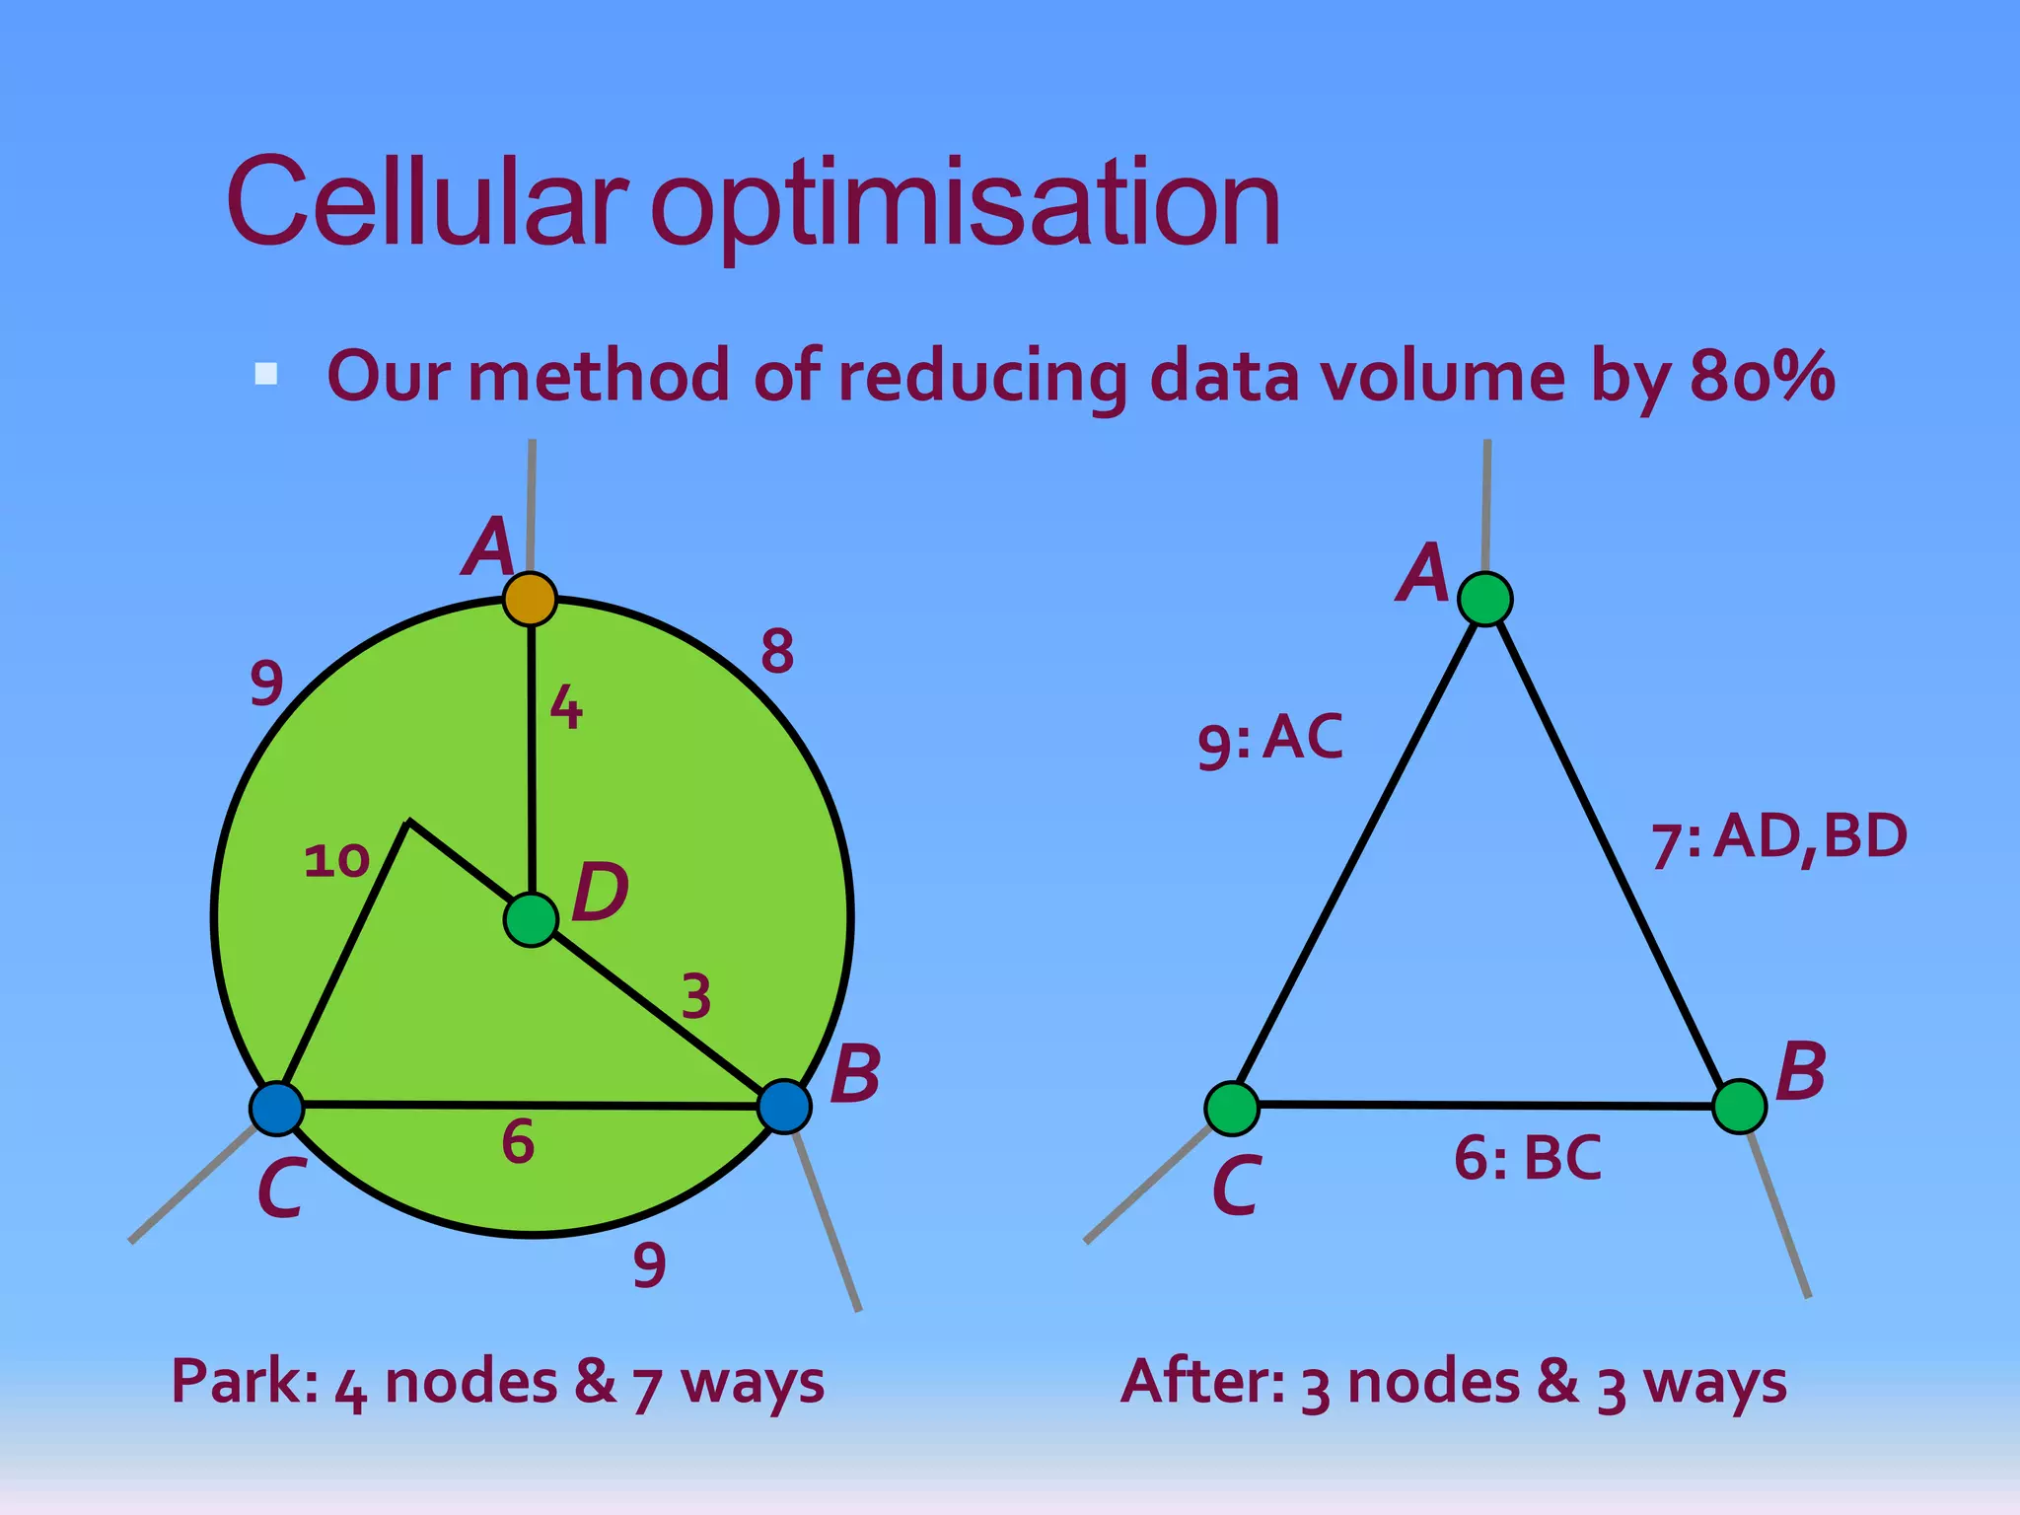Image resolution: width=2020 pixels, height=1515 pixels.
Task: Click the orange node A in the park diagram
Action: point(530,599)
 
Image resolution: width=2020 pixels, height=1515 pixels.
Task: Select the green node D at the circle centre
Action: point(531,920)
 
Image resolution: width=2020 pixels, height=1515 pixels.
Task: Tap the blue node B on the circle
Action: point(784,1107)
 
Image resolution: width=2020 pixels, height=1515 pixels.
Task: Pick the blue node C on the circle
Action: point(277,1108)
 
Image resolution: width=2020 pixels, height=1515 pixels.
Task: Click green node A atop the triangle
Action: point(1485,599)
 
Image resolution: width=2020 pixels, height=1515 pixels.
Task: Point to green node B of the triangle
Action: point(1739,1107)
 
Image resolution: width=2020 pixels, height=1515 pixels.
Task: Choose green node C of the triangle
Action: point(1232,1108)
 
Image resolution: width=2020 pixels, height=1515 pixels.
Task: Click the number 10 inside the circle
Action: point(336,860)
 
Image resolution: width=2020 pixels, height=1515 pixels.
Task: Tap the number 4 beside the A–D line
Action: point(566,707)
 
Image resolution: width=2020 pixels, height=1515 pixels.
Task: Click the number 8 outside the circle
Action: point(777,651)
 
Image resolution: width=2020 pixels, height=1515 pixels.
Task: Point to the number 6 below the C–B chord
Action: point(518,1142)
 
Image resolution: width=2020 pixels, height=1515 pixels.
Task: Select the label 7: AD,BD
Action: point(1779,838)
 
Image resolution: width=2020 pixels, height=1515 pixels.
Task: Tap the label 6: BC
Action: point(1527,1158)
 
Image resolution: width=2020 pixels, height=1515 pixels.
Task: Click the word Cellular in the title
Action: point(426,202)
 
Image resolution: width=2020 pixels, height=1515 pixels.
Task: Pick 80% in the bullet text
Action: point(1762,377)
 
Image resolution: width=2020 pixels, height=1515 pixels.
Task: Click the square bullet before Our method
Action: point(265,374)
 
